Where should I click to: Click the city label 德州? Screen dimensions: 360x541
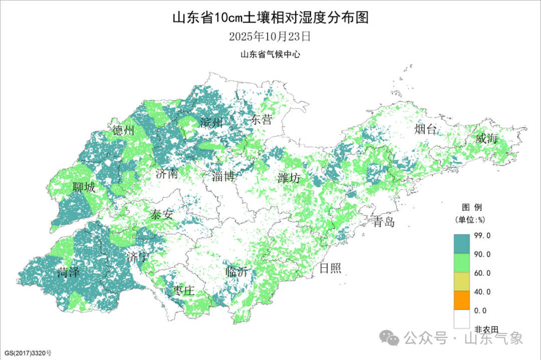click(123, 131)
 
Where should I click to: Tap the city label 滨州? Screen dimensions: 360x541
click(210, 122)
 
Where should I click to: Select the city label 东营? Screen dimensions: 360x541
click(261, 119)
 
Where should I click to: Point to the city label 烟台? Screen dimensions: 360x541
click(425, 130)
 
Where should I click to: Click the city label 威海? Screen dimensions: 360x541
click(487, 139)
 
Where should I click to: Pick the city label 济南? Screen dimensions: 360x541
click(166, 174)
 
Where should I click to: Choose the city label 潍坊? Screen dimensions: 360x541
click(289, 178)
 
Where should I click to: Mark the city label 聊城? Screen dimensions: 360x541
click(83, 187)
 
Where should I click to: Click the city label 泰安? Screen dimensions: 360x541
click(161, 215)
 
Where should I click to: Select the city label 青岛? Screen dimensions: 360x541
click(384, 222)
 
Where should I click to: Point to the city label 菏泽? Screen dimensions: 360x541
click(69, 272)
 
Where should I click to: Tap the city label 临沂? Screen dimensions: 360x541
click(237, 272)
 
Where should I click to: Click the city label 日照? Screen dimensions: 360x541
click(330, 268)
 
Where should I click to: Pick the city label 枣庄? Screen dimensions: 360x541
click(183, 290)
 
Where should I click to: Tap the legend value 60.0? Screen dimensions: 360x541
click(482, 273)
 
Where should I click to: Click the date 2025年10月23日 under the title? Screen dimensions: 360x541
click(270, 37)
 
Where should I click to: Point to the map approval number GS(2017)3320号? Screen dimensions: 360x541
click(27, 352)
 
